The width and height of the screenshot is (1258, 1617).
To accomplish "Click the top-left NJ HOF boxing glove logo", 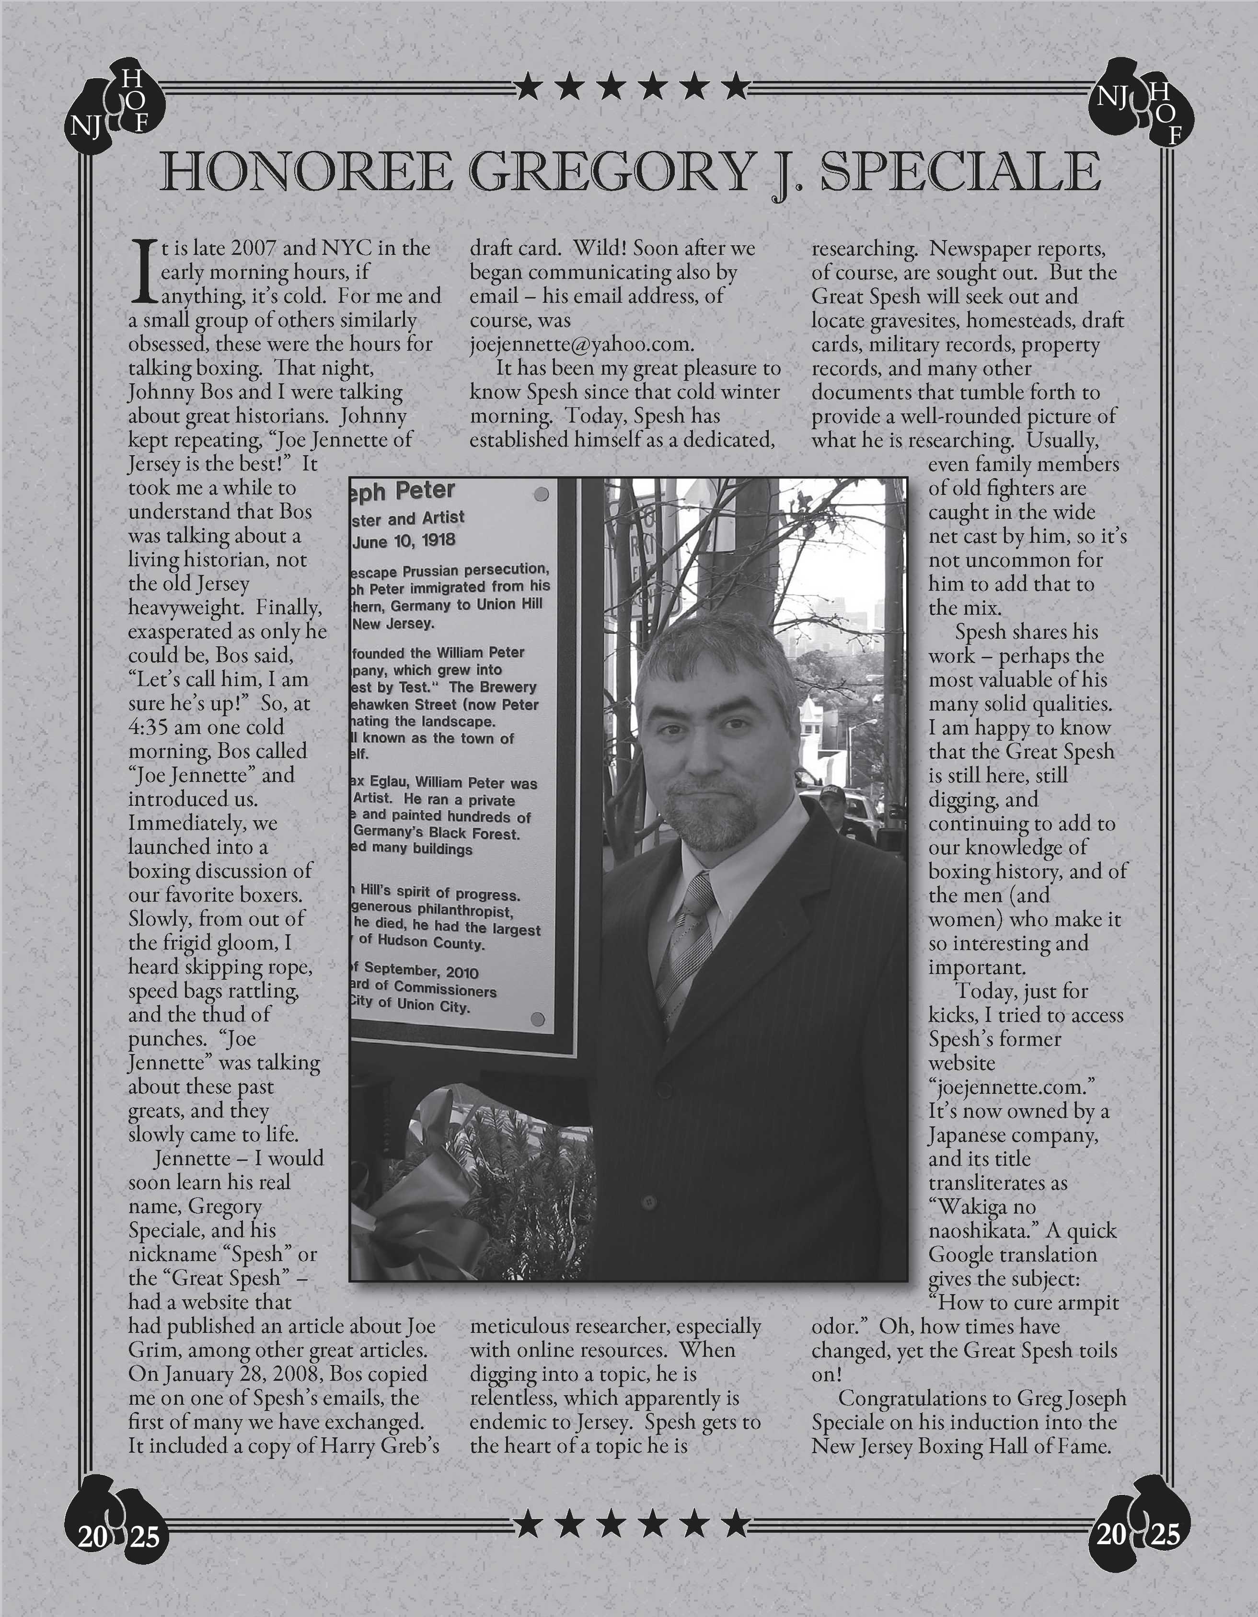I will point(115,111).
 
